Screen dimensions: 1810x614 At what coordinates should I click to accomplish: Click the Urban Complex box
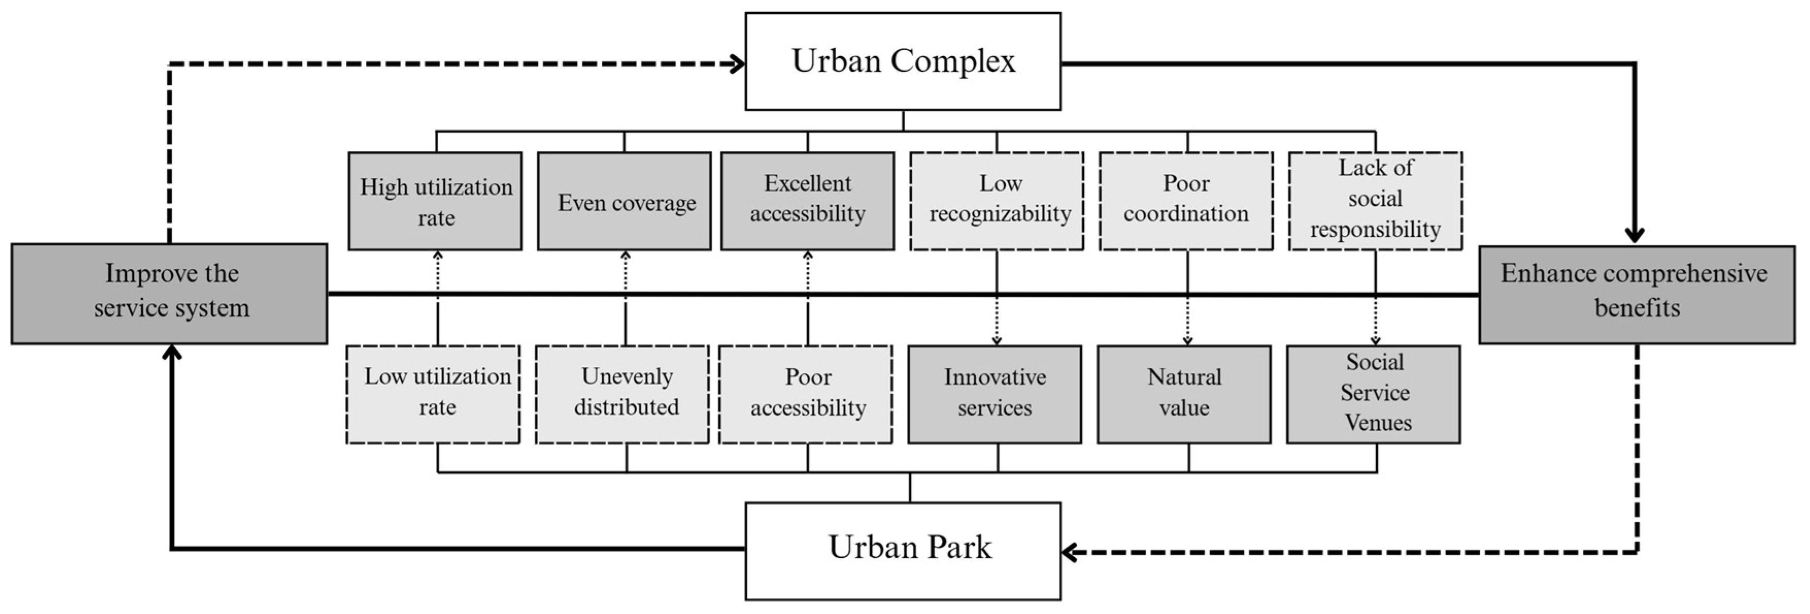(x=903, y=61)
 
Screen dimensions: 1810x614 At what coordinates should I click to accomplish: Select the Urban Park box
(x=903, y=550)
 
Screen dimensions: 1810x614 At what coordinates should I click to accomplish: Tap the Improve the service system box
(x=170, y=293)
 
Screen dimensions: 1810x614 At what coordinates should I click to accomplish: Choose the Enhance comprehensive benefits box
(x=1636, y=295)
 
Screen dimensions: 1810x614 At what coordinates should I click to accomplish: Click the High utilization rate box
(x=436, y=201)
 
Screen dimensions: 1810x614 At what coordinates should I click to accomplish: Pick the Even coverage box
(x=624, y=201)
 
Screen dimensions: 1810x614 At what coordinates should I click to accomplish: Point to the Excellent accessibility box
(x=807, y=201)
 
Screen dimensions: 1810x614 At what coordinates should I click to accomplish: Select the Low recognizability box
(x=996, y=201)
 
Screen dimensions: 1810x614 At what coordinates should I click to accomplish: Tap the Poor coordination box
(x=1186, y=201)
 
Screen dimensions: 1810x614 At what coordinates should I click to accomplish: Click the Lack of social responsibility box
(x=1375, y=201)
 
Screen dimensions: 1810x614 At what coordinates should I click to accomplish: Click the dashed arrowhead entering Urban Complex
(x=738, y=64)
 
